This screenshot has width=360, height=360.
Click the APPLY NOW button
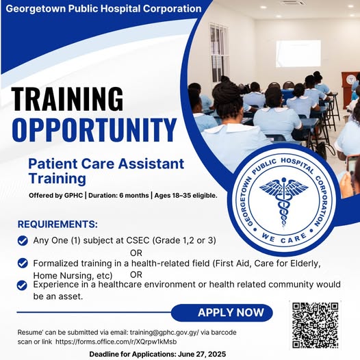point(222,313)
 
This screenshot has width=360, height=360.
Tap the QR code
point(316,325)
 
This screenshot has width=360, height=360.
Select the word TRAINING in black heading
point(67,99)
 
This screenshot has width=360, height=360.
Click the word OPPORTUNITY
point(94,130)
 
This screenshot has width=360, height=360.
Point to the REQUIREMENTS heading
point(57,224)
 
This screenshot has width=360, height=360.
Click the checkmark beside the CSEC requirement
point(23,241)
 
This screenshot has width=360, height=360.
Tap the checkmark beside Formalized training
point(23,263)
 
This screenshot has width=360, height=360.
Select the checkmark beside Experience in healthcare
point(22,285)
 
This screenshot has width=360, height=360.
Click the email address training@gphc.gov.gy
point(164,333)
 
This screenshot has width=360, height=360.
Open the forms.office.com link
point(116,342)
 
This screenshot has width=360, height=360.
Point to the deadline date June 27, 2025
point(202,354)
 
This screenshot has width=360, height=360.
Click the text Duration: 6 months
point(118,196)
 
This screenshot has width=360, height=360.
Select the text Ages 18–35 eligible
point(185,196)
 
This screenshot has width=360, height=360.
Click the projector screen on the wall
point(298,53)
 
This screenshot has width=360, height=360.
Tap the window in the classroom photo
point(219,53)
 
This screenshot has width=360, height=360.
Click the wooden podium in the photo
point(350,86)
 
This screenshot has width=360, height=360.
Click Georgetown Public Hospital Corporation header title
point(103,9)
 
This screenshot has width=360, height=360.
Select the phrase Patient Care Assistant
point(106,164)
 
